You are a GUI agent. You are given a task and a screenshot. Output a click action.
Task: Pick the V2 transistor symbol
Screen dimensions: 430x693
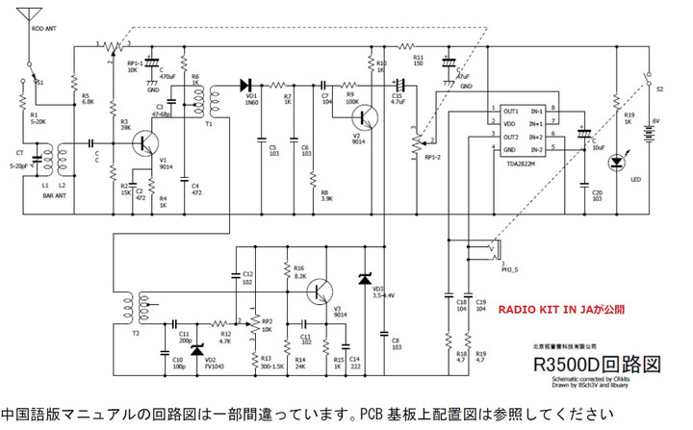364,117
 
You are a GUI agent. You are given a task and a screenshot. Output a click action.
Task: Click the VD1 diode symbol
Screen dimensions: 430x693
245,84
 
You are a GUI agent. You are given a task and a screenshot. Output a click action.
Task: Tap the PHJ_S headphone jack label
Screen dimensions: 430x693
510,267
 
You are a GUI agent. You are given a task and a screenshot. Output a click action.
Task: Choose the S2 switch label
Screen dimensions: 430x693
660,88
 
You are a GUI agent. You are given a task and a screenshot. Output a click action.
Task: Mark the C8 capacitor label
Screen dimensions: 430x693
396,341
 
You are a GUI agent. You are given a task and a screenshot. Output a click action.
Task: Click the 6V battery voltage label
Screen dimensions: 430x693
655,121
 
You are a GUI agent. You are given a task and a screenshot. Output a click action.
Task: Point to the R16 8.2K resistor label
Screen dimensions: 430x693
299,271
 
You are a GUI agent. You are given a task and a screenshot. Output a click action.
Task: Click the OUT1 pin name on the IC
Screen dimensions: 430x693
510,111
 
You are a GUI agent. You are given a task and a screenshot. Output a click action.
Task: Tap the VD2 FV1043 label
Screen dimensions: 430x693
216,365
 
